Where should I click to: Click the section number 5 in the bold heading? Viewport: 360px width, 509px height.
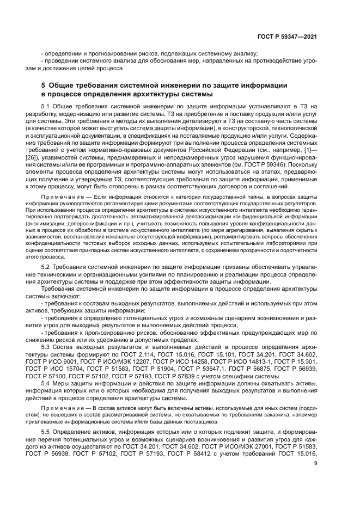click(44, 85)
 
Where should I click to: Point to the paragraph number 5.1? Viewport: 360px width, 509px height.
click(46, 106)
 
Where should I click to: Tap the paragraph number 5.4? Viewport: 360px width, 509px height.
click(46, 383)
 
